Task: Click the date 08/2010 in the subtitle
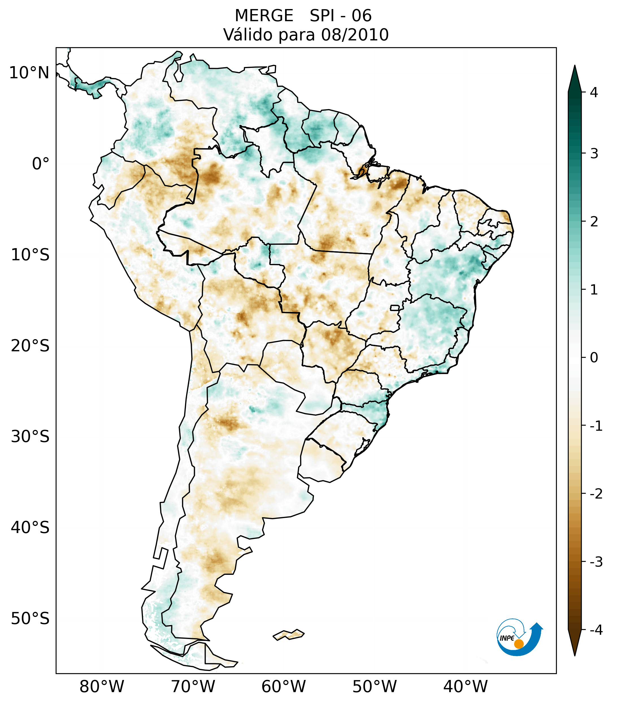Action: pos(355,35)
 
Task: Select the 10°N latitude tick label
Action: pos(29,73)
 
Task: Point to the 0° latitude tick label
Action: pos(40,164)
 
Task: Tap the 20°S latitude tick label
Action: pos(30,346)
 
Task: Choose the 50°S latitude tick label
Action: pos(30,619)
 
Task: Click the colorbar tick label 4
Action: pos(594,92)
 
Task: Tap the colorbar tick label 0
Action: pos(594,358)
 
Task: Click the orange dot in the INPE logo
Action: pos(518,644)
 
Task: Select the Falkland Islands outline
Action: pos(288,634)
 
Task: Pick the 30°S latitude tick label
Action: pos(30,437)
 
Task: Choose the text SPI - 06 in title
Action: pos(340,16)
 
